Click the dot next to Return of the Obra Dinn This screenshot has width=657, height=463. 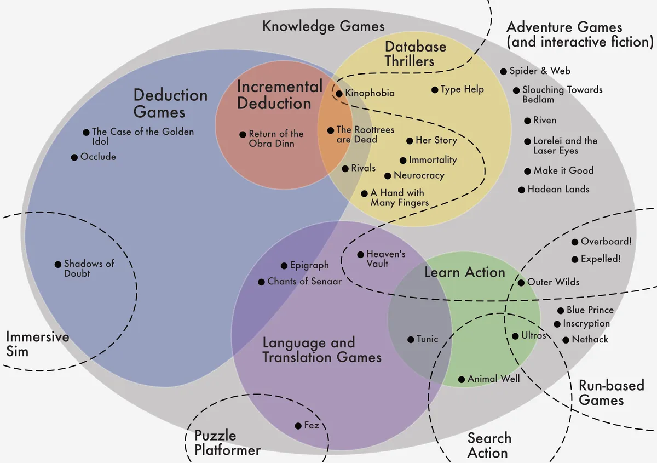243,134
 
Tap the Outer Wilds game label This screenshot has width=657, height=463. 553,282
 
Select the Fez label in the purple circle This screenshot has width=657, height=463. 312,426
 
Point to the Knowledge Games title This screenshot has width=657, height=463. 323,26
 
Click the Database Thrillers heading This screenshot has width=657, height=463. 416,54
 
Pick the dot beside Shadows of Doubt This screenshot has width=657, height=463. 58,265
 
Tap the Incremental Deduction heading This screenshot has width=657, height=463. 280,95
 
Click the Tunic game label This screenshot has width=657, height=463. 427,339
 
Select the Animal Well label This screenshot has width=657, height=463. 493,379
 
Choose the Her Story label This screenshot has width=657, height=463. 436,140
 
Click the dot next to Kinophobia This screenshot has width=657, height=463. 339,94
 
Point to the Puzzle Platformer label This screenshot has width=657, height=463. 227,443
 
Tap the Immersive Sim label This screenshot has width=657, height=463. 37,344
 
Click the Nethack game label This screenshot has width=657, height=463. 590,340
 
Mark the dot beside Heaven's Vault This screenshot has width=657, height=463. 360,255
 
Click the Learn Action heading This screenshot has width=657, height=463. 464,272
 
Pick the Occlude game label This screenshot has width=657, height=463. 98,157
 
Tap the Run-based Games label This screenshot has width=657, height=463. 611,392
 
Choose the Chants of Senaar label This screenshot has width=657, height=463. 304,282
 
